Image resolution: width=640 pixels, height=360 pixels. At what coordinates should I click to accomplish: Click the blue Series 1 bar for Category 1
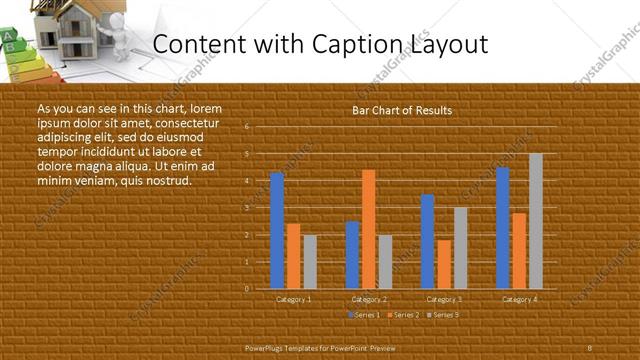point(277,230)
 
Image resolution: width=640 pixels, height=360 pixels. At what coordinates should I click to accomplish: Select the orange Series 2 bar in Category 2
point(369,229)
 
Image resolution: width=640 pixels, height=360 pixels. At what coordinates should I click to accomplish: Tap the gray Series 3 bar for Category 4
point(536,221)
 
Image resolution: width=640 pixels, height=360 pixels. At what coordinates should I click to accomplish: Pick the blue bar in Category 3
point(428,241)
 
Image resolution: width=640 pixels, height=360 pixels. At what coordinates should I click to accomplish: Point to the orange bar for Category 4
point(519,250)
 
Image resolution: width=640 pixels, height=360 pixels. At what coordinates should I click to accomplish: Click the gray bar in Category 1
point(310,261)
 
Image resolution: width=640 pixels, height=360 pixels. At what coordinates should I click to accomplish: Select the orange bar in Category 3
point(444,264)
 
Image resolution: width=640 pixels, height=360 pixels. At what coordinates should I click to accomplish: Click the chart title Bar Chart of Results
point(402,111)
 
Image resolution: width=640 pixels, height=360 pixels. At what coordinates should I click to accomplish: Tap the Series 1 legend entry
point(363,315)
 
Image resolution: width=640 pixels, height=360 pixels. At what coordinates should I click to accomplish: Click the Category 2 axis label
point(369,299)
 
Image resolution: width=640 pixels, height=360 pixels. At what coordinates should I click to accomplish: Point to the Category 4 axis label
point(519,299)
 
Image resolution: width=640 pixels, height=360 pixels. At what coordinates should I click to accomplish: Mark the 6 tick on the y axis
point(247,127)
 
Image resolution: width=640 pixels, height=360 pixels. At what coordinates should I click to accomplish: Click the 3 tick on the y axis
point(247,208)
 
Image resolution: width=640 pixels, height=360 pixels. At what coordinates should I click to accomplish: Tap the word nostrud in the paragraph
point(166,180)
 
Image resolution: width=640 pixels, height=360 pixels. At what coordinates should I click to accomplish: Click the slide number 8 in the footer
point(589,346)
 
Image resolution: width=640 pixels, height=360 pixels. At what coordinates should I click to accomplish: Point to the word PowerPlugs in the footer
point(269,346)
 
